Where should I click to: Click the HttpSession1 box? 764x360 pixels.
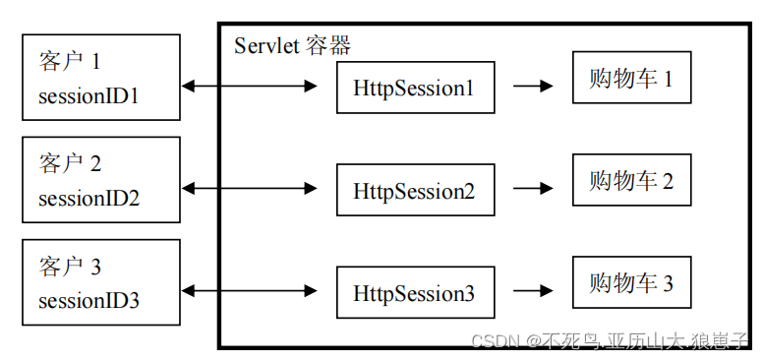tap(414, 88)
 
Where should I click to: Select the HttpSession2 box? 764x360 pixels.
tap(414, 190)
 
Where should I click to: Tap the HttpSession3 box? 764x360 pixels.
tap(414, 292)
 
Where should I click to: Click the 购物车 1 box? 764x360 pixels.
tap(631, 78)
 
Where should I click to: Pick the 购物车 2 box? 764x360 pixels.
tap(631, 180)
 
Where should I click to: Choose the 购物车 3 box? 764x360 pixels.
tap(631, 283)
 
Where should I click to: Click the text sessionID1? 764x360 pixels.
tap(89, 96)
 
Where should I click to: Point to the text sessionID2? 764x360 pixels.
tap(89, 198)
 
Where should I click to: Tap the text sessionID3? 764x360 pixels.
tap(89, 300)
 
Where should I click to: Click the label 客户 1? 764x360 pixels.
tap(70, 62)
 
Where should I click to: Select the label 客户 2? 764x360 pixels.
tap(70, 163)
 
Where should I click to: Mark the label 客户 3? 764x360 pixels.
tap(70, 267)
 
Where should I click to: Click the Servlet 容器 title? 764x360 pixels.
tap(292, 45)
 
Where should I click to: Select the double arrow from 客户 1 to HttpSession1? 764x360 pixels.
tap(250, 88)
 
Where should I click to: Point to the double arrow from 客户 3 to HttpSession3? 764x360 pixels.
tap(250, 291)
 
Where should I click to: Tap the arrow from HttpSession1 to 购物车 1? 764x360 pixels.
tap(533, 86)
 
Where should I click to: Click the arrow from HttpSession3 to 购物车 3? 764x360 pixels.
tap(533, 291)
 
